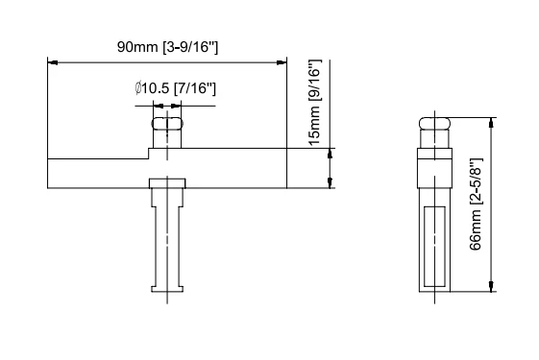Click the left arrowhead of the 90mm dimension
[53, 62]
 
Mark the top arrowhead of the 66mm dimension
[492, 123]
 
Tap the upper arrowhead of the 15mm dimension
[331, 152]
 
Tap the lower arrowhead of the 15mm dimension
[331, 183]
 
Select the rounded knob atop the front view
[166, 124]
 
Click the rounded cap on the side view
[433, 126]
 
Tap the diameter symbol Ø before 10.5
[140, 88]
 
